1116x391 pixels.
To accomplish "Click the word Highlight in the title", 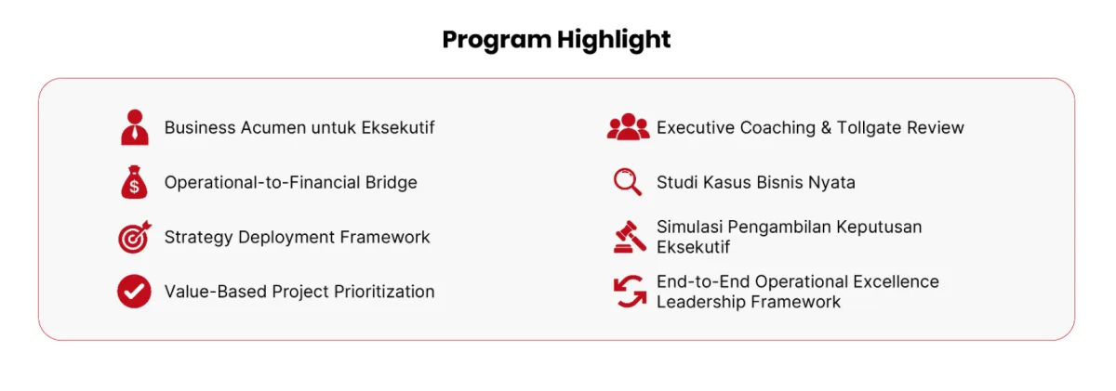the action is [614, 39].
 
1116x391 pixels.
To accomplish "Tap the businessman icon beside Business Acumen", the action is [135, 127].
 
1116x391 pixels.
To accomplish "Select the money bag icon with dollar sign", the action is [134, 182].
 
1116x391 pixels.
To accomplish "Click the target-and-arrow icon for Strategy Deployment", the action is [135, 237].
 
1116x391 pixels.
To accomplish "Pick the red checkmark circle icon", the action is [134, 292].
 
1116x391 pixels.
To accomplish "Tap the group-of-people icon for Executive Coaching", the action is [629, 127].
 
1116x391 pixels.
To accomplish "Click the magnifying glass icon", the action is [627, 182].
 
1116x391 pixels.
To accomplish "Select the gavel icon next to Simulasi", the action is [630, 237].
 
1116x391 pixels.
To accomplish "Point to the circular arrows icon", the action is [630, 292].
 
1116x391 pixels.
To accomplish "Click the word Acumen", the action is [273, 128].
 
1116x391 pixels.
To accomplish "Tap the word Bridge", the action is [392, 183].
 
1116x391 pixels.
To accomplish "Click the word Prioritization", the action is [384, 292].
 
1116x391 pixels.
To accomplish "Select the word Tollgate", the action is [870, 128].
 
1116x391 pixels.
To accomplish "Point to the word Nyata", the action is [831, 183].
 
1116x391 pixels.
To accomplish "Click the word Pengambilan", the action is [779, 228].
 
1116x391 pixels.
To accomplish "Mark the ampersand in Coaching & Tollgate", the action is [826, 128].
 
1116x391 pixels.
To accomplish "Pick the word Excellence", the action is [896, 281].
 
